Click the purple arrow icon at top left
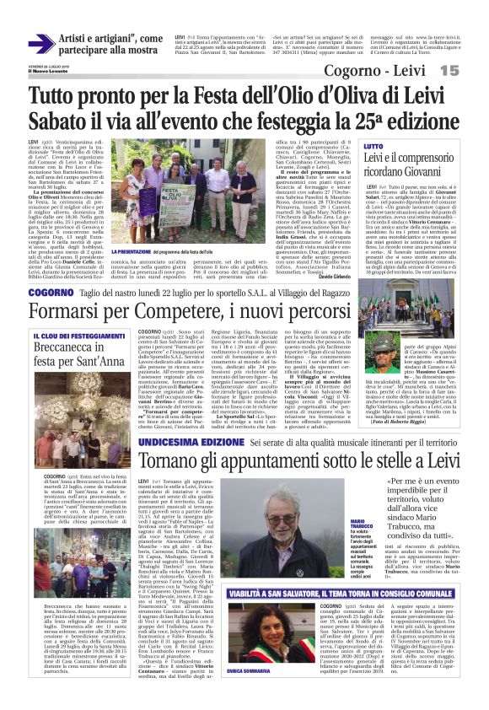click(40, 44)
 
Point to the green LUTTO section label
click(373, 147)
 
